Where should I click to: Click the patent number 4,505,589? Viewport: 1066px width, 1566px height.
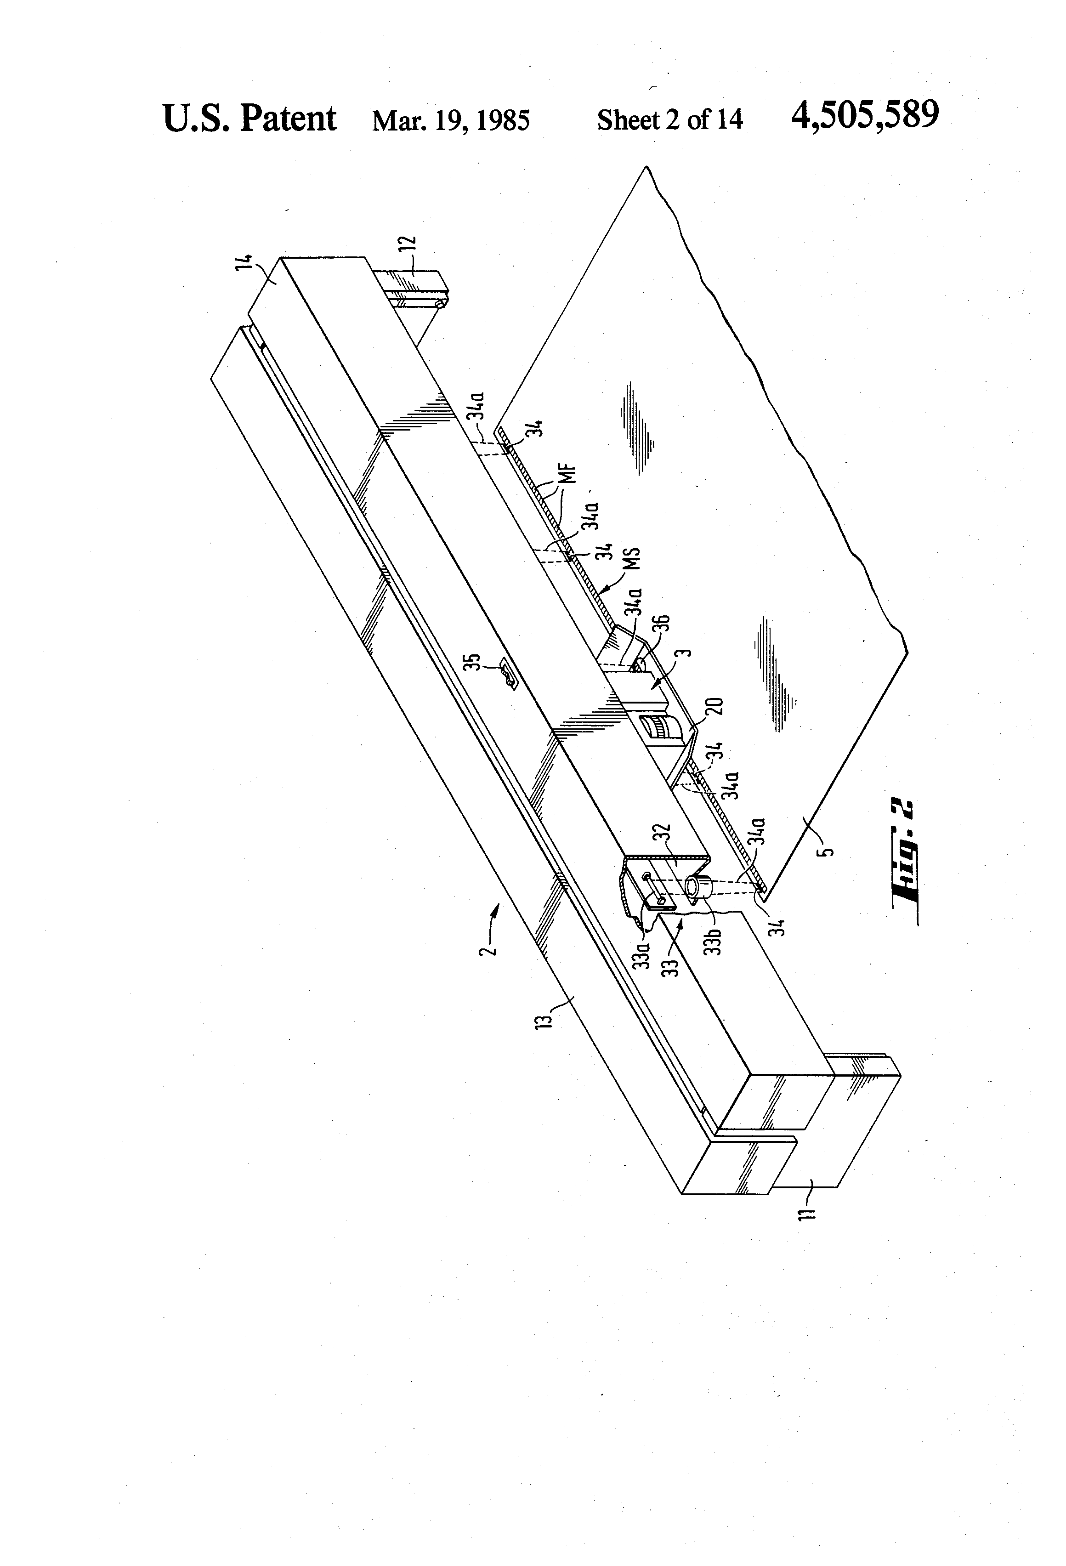[x=865, y=115]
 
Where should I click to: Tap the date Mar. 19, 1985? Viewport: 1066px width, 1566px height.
[x=451, y=120]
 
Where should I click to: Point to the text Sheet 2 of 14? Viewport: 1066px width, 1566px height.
[x=670, y=120]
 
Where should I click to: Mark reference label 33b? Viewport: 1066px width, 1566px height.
[x=715, y=941]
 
